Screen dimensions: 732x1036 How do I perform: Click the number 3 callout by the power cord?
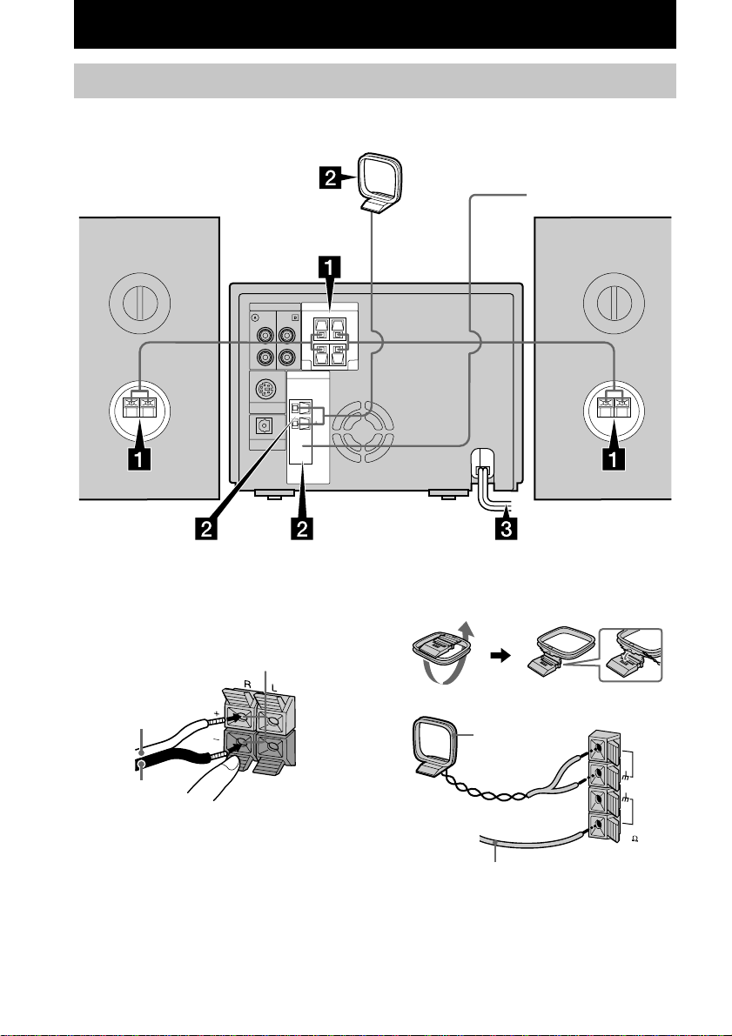point(507,529)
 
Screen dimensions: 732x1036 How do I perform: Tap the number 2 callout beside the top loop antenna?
point(332,178)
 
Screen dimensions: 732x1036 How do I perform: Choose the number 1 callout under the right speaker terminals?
point(613,458)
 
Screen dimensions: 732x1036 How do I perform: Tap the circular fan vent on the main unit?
point(363,427)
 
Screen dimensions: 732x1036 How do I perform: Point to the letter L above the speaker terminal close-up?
point(274,688)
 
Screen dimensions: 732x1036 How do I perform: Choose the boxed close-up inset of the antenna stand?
point(630,655)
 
